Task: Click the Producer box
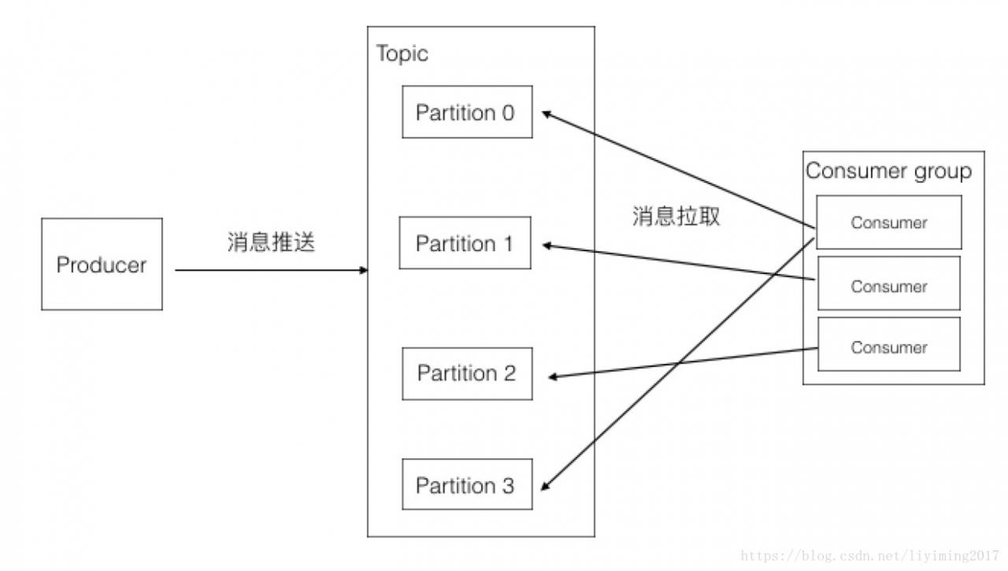click(x=102, y=264)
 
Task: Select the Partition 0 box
click(x=467, y=112)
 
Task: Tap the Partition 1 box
click(x=465, y=243)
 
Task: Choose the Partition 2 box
click(x=467, y=373)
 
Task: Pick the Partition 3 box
click(x=467, y=484)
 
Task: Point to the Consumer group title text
click(x=889, y=172)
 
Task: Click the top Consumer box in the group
click(x=889, y=222)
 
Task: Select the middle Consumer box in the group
click(x=889, y=284)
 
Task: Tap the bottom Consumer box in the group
click(x=889, y=344)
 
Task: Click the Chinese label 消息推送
click(x=271, y=242)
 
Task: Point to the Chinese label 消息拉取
click(x=676, y=216)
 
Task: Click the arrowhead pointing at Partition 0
click(x=547, y=114)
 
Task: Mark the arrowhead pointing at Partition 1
click(x=547, y=246)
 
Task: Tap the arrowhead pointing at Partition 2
click(x=554, y=376)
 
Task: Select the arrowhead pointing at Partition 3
click(x=546, y=486)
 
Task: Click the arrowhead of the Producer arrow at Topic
click(x=364, y=270)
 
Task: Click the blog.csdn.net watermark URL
click(x=869, y=556)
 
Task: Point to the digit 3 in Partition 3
click(x=508, y=486)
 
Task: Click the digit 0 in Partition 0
click(x=508, y=113)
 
